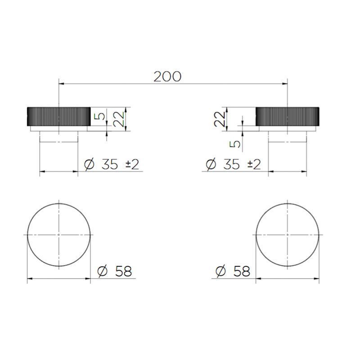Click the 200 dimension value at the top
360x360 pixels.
[167, 76]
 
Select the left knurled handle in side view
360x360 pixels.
[59, 117]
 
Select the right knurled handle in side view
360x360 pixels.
[287, 117]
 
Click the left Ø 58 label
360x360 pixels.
[115, 271]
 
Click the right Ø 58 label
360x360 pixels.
[233, 271]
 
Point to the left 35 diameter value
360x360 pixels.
[110, 164]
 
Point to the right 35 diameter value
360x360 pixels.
[231, 164]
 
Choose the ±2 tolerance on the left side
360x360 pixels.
[132, 164]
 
